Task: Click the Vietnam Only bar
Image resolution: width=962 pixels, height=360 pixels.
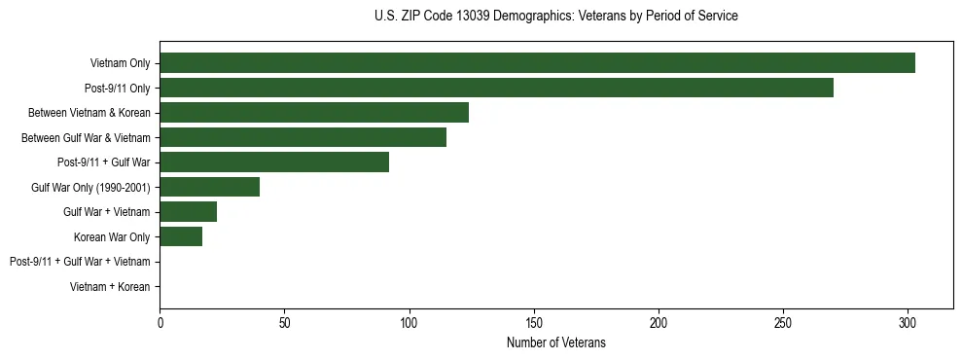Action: [x=537, y=63]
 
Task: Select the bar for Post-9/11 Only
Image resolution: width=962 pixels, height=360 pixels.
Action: [x=496, y=88]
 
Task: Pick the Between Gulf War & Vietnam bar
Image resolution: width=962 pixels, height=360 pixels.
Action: [x=303, y=137]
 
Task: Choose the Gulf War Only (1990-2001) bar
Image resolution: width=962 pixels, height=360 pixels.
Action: [x=209, y=187]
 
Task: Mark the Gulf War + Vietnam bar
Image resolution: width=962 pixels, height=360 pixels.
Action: [x=188, y=212]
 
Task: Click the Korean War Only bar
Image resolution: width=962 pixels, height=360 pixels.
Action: [x=181, y=236]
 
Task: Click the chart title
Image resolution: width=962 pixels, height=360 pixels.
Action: [x=555, y=17]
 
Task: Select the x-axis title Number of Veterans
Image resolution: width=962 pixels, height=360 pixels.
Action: [x=555, y=342]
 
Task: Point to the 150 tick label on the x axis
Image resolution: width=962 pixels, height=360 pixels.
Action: [x=534, y=322]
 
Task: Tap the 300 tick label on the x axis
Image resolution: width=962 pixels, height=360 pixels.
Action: [x=908, y=322]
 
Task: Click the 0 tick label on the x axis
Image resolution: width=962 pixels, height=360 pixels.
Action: [x=160, y=322]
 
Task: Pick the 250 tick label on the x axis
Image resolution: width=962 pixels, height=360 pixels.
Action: [x=783, y=322]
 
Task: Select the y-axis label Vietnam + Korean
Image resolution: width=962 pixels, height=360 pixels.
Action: [x=110, y=287]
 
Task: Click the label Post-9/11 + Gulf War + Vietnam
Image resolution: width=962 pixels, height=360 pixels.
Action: [x=80, y=262]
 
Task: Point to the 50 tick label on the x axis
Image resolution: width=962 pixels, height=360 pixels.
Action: [x=284, y=322]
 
